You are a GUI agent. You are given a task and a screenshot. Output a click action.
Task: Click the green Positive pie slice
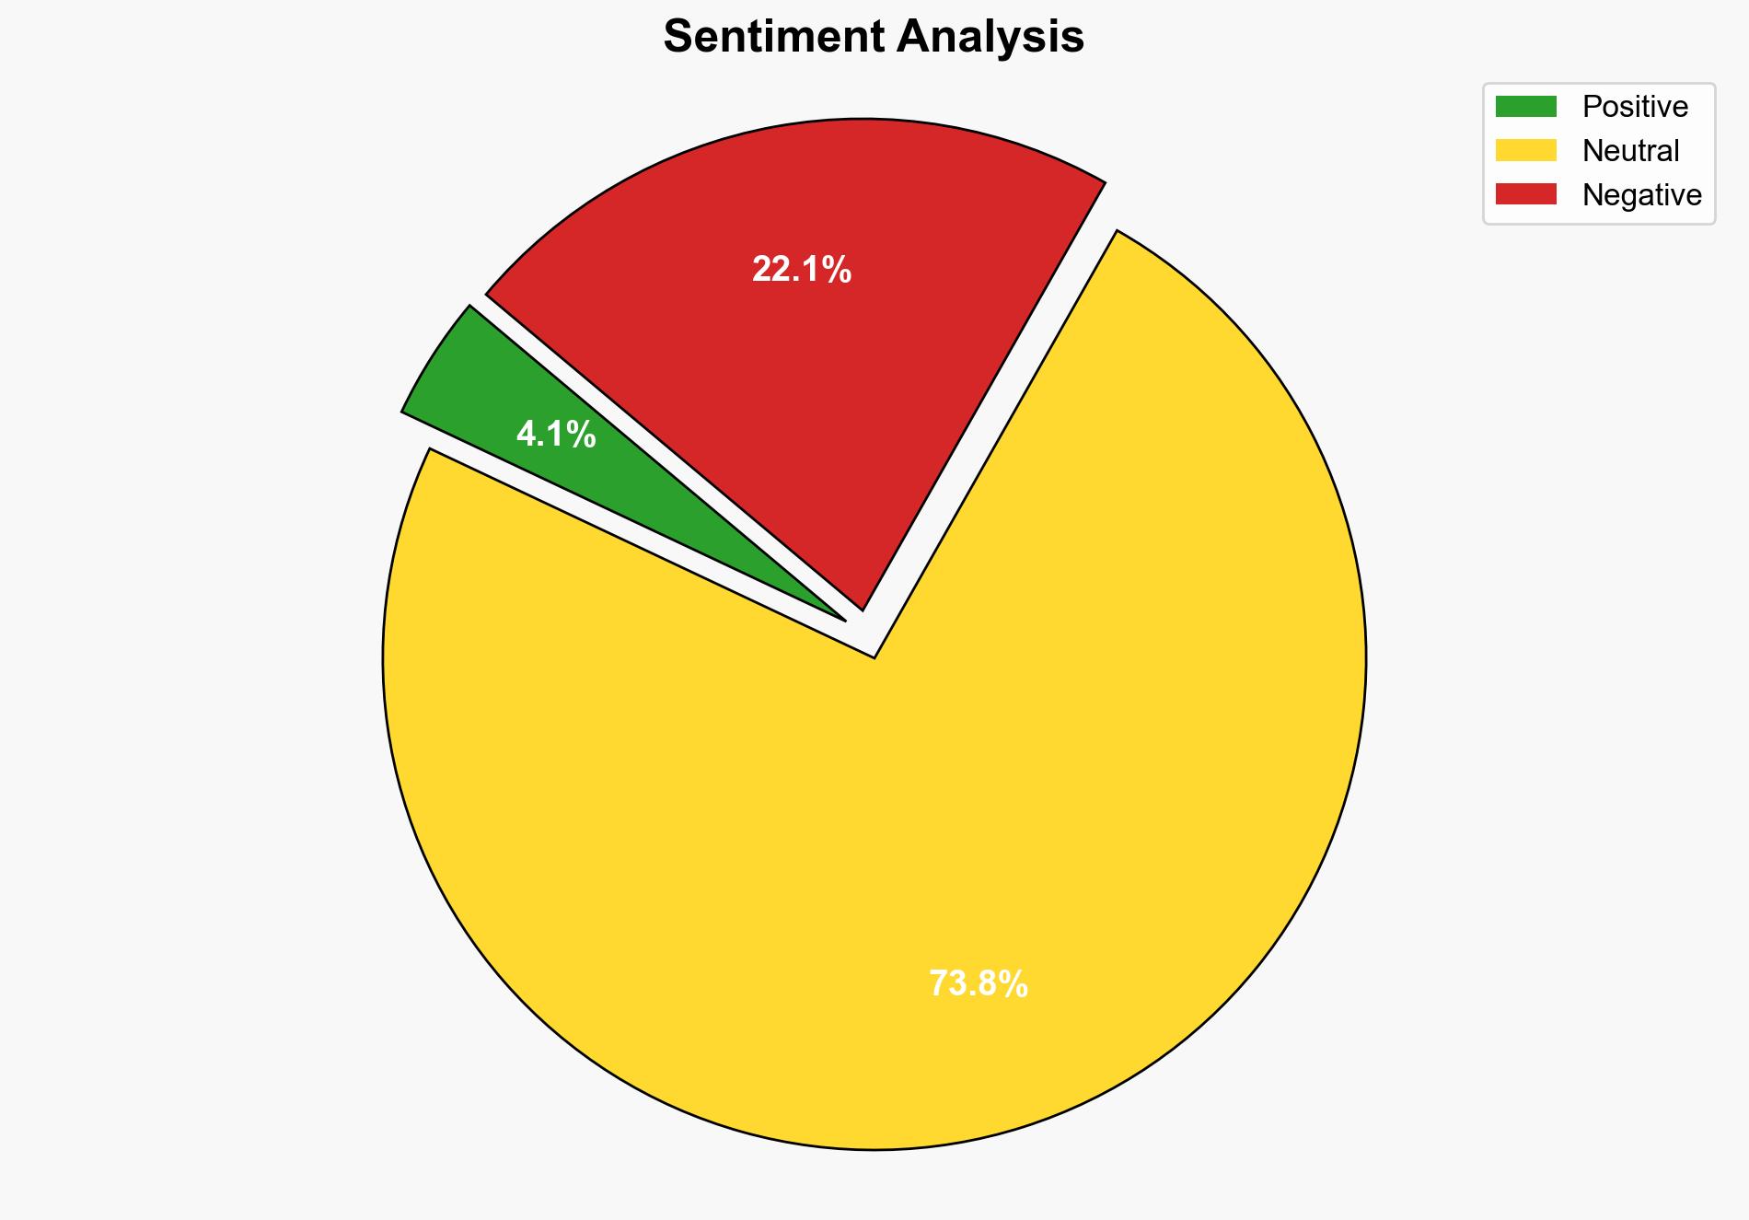click(479, 387)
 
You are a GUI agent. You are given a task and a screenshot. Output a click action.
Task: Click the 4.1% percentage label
click(556, 434)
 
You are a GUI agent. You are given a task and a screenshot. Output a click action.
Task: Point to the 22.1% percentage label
click(801, 270)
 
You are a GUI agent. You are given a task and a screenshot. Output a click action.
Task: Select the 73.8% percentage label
click(978, 984)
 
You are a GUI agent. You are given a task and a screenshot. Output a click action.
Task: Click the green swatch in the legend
click(1525, 107)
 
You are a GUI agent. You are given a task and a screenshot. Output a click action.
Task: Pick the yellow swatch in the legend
click(1525, 150)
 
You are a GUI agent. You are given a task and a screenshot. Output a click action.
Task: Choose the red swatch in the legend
click(1525, 194)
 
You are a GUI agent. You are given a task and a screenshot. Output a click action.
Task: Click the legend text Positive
click(1635, 107)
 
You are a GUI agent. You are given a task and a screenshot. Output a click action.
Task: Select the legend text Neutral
click(1630, 150)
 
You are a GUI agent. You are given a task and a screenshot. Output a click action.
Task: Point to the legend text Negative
click(1641, 194)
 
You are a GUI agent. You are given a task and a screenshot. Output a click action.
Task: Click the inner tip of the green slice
click(842, 619)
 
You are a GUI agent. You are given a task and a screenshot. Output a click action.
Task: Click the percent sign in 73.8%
click(1013, 984)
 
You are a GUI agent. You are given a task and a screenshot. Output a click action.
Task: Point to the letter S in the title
click(677, 37)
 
